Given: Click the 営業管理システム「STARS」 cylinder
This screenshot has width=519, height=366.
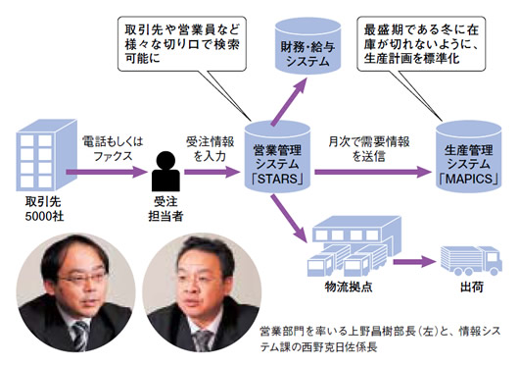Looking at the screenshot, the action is pyautogui.click(x=277, y=157).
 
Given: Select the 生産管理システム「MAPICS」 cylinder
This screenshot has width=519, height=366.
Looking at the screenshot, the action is pyautogui.click(x=468, y=157).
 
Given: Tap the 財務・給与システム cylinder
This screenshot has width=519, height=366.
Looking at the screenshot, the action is pyautogui.click(x=307, y=46).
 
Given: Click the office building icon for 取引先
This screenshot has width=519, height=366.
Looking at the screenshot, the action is pyautogui.click(x=46, y=156).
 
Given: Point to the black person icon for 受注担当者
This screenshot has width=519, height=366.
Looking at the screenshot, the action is pyautogui.click(x=165, y=171).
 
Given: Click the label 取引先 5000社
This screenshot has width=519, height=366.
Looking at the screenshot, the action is pyautogui.click(x=44, y=209).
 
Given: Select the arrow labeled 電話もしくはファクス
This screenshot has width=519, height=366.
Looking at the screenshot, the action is pyautogui.click(x=107, y=172).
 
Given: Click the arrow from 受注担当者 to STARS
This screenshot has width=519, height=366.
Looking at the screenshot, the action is pyautogui.click(x=212, y=172).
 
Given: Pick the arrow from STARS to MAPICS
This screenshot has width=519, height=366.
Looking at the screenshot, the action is pyautogui.click(x=373, y=172).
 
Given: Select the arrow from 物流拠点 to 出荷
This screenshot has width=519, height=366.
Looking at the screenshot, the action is pyautogui.click(x=415, y=261).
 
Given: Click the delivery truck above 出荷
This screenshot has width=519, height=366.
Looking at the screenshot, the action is pyautogui.click(x=471, y=261).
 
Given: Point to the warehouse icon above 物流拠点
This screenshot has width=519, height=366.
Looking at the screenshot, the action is pyautogui.click(x=354, y=246).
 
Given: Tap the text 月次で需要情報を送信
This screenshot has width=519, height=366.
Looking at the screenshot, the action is pyautogui.click(x=369, y=148).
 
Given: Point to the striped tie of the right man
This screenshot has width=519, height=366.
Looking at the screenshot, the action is pyautogui.click(x=203, y=340).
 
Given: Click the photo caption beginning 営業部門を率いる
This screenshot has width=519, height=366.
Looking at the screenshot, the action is pyautogui.click(x=380, y=339).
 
